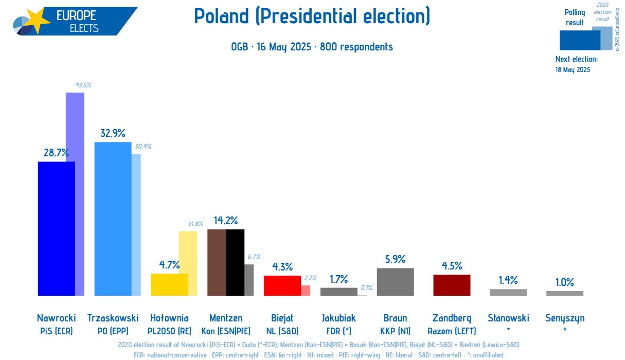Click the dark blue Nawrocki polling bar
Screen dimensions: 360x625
click(x=57, y=229)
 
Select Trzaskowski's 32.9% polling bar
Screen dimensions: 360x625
click(x=113, y=219)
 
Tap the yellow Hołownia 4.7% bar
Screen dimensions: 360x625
click(x=169, y=285)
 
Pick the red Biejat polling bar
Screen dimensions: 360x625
click(x=282, y=285)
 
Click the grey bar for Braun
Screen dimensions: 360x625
click(x=395, y=282)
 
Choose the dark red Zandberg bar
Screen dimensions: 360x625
click(x=452, y=285)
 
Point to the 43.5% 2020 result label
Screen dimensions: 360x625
click(x=83, y=85)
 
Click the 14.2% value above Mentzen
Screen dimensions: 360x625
click(x=226, y=221)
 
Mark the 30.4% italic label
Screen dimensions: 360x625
click(x=143, y=146)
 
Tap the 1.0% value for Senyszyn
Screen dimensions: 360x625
click(x=565, y=282)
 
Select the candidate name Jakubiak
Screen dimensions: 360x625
click(x=338, y=318)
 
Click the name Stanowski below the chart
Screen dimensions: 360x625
click(x=508, y=318)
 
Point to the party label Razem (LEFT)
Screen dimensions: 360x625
click(x=452, y=331)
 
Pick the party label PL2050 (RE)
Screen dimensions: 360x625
click(x=169, y=331)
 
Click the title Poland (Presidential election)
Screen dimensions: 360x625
click(x=312, y=16)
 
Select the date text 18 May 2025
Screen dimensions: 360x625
click(x=573, y=69)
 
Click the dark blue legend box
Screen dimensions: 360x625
click(x=580, y=40)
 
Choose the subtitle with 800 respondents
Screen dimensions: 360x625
click(x=312, y=47)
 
